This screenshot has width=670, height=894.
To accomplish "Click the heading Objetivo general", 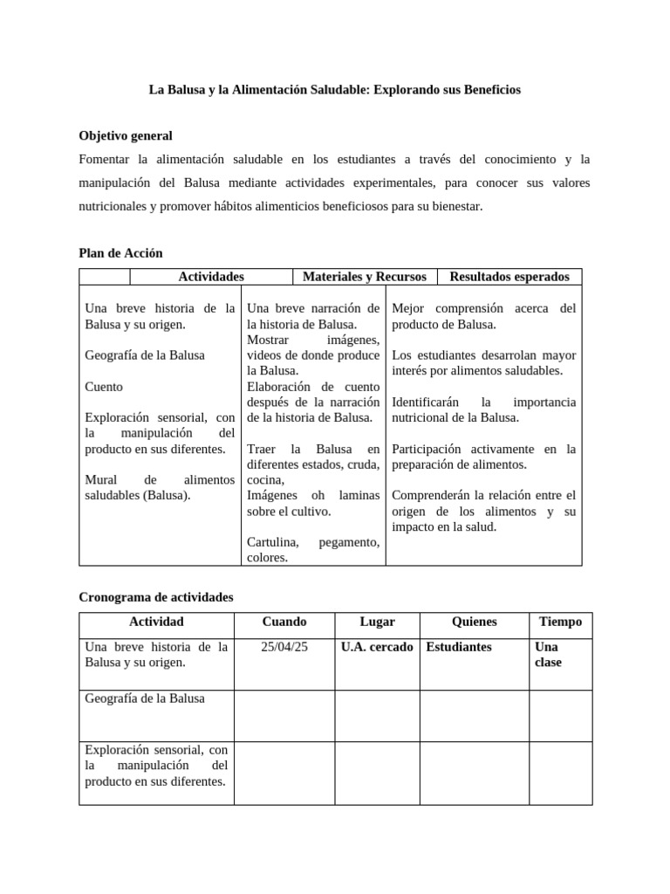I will (x=125, y=136).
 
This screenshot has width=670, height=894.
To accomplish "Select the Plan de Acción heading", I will (x=120, y=253).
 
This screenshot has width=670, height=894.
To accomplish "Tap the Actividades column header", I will (x=210, y=277).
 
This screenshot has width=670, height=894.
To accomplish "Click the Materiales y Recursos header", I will (x=364, y=277).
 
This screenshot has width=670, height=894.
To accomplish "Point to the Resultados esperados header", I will (x=509, y=277).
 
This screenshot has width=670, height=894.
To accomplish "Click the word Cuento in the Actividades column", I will (x=104, y=387).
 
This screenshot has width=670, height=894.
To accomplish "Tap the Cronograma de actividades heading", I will (x=156, y=597).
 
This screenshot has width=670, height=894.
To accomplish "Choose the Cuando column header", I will (x=284, y=622).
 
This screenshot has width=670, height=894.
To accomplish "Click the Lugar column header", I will (x=377, y=622).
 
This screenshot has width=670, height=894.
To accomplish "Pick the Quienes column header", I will (x=474, y=622).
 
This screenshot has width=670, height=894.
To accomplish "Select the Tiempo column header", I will (x=560, y=622).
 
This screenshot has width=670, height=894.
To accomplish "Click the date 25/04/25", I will (x=284, y=647).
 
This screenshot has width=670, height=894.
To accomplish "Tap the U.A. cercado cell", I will (x=377, y=647).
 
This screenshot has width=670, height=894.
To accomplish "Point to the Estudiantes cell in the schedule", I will (x=458, y=647).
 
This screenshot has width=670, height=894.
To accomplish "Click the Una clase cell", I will (x=547, y=655).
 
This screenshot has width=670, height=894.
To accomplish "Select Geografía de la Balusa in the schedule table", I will (x=145, y=698).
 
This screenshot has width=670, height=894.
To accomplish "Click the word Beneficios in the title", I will (x=484, y=90).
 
